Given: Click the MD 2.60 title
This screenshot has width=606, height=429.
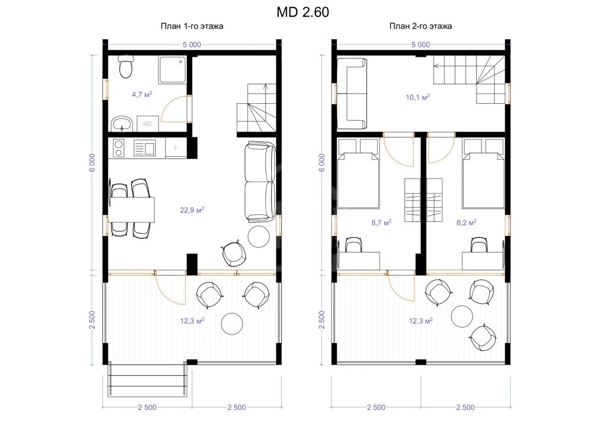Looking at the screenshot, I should click(x=302, y=13).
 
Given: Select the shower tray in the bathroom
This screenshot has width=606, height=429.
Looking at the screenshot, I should click(x=172, y=69).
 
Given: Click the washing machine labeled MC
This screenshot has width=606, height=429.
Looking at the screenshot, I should click(x=148, y=124).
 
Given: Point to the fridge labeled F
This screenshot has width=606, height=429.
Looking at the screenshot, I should click(x=175, y=148).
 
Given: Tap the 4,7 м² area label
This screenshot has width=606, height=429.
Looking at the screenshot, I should click(x=142, y=94).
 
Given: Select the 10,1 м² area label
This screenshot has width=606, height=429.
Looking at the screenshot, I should click(x=418, y=97).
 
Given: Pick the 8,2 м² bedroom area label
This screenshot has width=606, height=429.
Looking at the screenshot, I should click(x=466, y=223).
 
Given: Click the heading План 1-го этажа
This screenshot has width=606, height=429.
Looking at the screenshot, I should click(x=192, y=26).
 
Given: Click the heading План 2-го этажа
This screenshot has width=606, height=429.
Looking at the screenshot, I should click(x=420, y=26).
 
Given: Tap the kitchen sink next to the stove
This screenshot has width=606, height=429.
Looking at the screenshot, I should click(x=144, y=148).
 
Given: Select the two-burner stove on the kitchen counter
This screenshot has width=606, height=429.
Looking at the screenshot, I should click(x=118, y=148).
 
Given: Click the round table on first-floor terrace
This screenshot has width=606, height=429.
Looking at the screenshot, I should click(x=232, y=323).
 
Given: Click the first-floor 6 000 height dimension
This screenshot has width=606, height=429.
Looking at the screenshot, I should click(x=92, y=163).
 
